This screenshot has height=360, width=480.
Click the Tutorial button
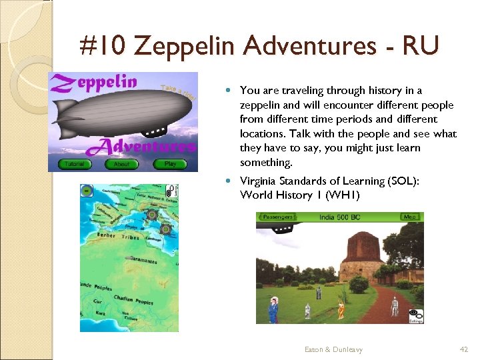(x=75, y=163)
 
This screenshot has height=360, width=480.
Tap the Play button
(x=171, y=163)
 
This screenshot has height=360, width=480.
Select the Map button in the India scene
(x=410, y=217)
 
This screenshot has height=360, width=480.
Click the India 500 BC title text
(x=339, y=217)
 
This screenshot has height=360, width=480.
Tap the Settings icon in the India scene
(x=415, y=315)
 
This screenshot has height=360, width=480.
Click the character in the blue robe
(x=273, y=311)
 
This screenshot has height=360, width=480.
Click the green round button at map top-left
(x=86, y=191)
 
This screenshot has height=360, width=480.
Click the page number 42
(x=465, y=349)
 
